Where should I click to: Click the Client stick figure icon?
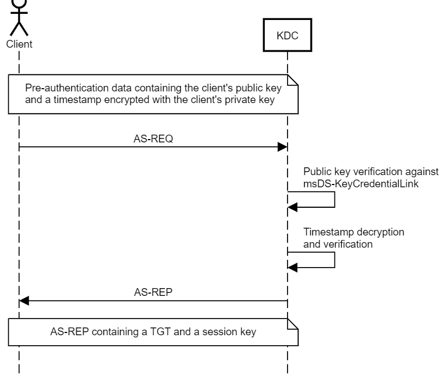click(x=19, y=18)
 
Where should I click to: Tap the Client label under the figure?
click(x=19, y=44)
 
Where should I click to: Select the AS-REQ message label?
click(x=153, y=139)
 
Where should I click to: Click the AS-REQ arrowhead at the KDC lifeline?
click(x=283, y=147)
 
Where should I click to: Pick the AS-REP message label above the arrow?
click(x=153, y=293)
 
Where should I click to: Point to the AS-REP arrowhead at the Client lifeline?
click(x=24, y=301)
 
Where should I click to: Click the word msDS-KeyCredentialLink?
click(x=361, y=184)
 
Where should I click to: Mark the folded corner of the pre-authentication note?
click(x=293, y=80)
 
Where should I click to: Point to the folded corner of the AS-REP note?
click(x=293, y=324)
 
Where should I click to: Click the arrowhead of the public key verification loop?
click(x=292, y=207)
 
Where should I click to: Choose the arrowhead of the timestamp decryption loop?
click(x=292, y=268)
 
